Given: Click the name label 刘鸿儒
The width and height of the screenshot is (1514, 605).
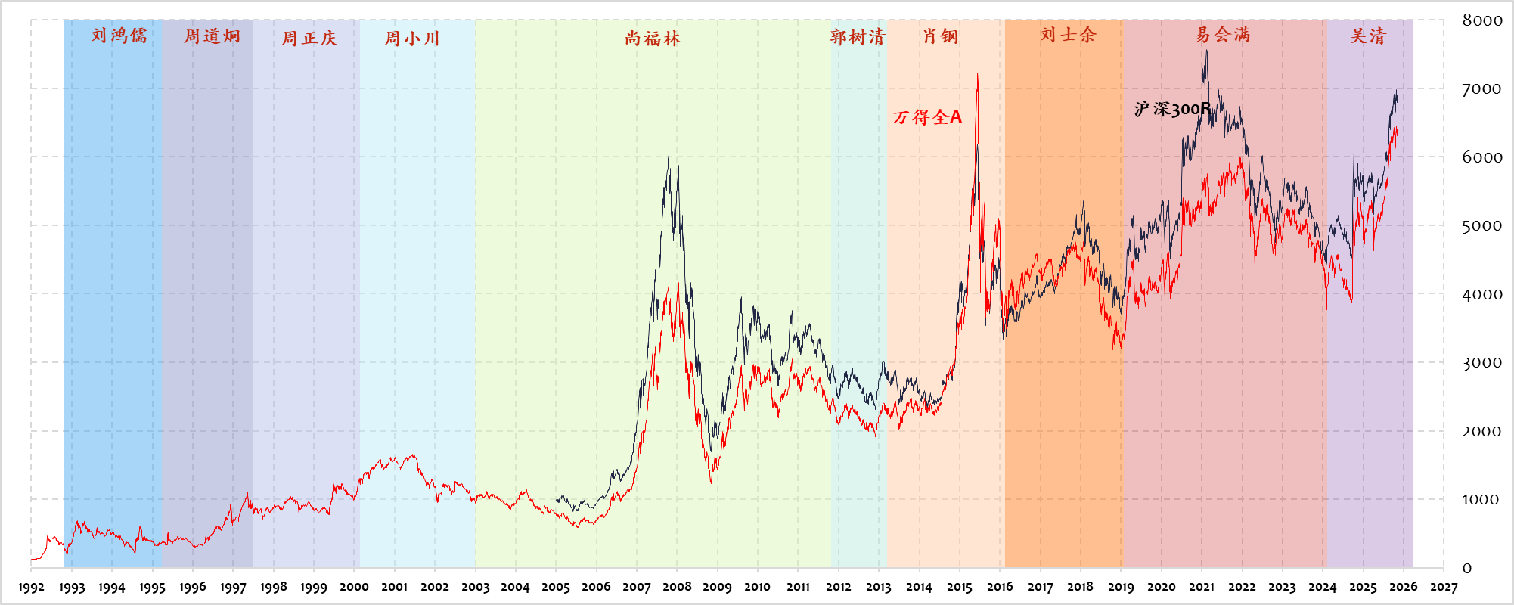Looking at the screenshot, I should point(119,36).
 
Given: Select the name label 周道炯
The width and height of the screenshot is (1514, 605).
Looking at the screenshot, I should point(212,36).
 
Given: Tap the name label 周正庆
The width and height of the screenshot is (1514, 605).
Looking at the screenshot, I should point(309,38).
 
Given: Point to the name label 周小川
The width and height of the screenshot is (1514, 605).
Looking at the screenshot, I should point(411,38).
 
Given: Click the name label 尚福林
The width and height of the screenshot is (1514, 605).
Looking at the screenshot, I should point(653,38).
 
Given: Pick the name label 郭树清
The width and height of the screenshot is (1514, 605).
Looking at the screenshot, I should point(857,36).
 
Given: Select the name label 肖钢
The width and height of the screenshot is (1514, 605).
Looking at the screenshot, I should point(940,36).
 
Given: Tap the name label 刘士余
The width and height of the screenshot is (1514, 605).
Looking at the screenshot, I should point(1067,35).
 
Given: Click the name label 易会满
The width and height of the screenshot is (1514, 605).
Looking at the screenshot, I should point(1223,35).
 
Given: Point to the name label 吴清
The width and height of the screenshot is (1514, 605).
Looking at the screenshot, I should point(1368,36).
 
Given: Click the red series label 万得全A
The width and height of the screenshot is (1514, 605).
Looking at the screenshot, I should point(927,117).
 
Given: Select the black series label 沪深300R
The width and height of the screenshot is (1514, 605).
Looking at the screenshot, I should point(1171,110).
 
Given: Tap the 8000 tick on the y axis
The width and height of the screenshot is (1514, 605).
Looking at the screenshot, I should point(1481,20).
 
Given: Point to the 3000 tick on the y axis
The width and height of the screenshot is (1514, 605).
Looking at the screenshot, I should point(1481,362).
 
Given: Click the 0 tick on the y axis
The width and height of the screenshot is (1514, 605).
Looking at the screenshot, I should point(1467,568).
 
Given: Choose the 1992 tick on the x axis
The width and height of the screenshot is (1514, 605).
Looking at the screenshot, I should point(31,587).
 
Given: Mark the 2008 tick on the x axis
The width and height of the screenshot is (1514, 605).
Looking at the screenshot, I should point(677,587).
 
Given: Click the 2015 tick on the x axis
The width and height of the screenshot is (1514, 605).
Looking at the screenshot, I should point(959,587).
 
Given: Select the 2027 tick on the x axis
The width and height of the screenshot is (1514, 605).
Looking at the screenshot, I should point(1444,587).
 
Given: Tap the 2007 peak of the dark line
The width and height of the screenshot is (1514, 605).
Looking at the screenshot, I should point(668,157).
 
